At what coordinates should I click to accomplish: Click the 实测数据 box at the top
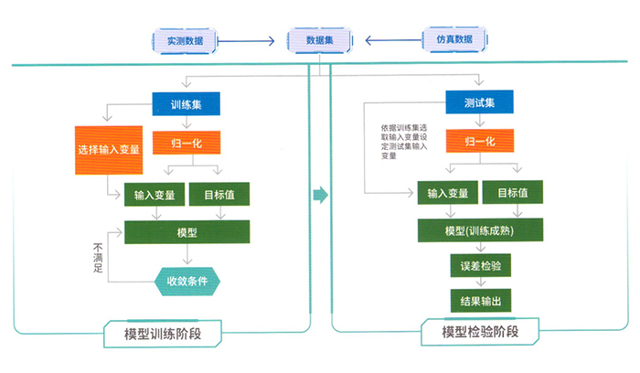click(185, 41)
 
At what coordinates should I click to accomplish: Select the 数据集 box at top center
click(319, 41)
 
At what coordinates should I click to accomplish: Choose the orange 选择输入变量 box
click(109, 149)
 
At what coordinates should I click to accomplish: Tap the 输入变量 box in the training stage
click(154, 195)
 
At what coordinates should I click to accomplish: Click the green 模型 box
click(187, 232)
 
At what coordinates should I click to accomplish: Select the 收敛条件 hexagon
click(187, 280)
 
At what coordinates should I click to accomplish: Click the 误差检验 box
click(480, 266)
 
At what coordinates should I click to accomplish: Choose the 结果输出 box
click(480, 301)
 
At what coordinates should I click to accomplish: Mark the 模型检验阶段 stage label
click(479, 333)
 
